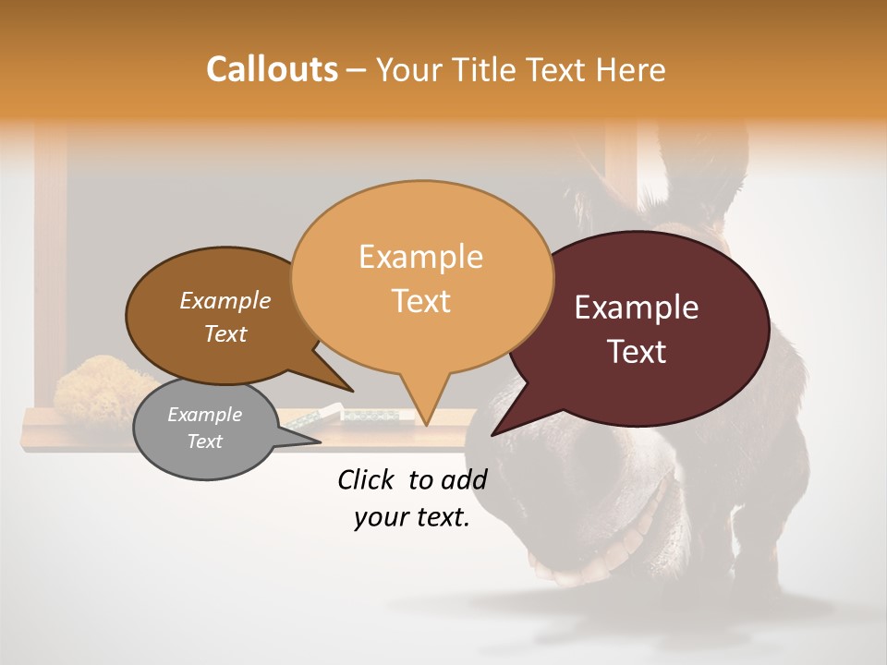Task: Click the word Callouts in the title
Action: coord(272,69)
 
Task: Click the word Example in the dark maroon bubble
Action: coord(637,308)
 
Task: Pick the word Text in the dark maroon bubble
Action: coord(638,352)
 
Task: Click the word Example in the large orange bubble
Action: coord(420,257)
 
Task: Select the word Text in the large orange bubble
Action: coord(421,301)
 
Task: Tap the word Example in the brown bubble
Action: coord(225,301)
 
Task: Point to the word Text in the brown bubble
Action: coord(225,333)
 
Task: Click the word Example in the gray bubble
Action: coord(204,415)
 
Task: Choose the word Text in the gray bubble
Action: coord(204,441)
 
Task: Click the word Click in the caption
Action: coord(369,479)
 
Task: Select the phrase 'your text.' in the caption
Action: coord(412,518)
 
